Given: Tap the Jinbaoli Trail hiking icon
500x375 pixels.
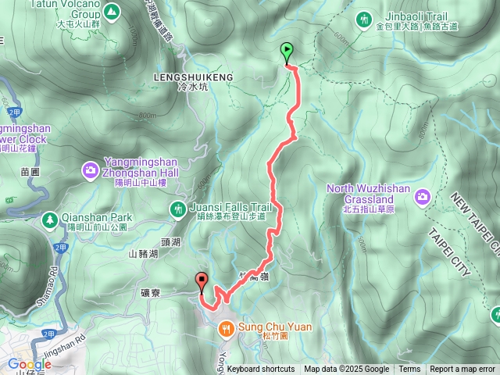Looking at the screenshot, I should tap(363, 18).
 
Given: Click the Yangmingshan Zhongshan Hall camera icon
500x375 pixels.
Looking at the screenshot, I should tap(91, 169).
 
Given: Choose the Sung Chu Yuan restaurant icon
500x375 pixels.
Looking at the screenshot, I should tap(225, 328).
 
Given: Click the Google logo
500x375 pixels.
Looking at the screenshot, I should tap(29, 364).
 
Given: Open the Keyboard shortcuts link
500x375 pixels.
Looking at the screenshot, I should tap(261, 370).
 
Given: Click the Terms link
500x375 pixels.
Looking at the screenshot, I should tap(409, 370).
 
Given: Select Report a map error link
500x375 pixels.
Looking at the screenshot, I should tap(462, 370).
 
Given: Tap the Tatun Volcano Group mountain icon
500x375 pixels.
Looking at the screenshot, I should tap(111, 12).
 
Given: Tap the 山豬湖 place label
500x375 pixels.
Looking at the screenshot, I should tap(143, 254).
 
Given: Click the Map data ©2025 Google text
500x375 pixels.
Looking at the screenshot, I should tap(346, 370).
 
